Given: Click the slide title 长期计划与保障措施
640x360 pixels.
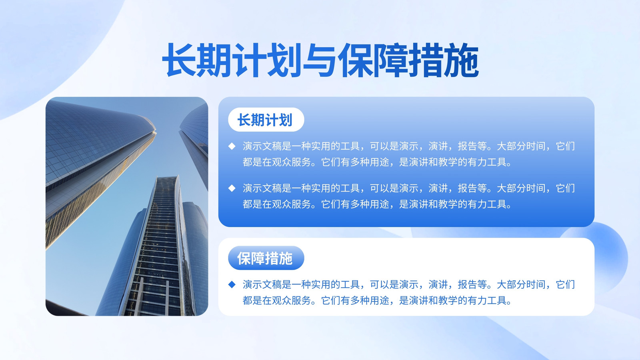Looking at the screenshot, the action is pyautogui.click(x=320, y=60).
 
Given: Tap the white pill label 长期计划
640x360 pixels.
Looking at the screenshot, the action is pyautogui.click(x=266, y=120).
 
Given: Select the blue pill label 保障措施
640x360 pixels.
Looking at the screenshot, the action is pyautogui.click(x=266, y=258).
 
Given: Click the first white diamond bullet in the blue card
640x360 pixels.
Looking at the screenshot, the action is pyautogui.click(x=232, y=146).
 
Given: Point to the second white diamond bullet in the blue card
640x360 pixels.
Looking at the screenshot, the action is pyautogui.click(x=232, y=188).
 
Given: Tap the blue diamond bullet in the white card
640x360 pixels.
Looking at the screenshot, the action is pyautogui.click(x=232, y=284).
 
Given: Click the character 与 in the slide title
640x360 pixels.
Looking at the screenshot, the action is pyautogui.click(x=320, y=60).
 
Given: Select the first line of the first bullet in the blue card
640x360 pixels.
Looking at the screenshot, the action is pyautogui.click(x=408, y=146).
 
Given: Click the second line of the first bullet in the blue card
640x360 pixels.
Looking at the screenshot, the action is pyautogui.click(x=377, y=162).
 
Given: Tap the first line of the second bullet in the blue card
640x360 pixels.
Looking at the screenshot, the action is pyautogui.click(x=408, y=188).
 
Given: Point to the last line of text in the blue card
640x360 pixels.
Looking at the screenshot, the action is pyautogui.click(x=377, y=204).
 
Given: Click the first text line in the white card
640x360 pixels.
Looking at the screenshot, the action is pyautogui.click(x=408, y=284).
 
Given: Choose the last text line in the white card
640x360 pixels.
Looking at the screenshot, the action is pyautogui.click(x=377, y=300).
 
